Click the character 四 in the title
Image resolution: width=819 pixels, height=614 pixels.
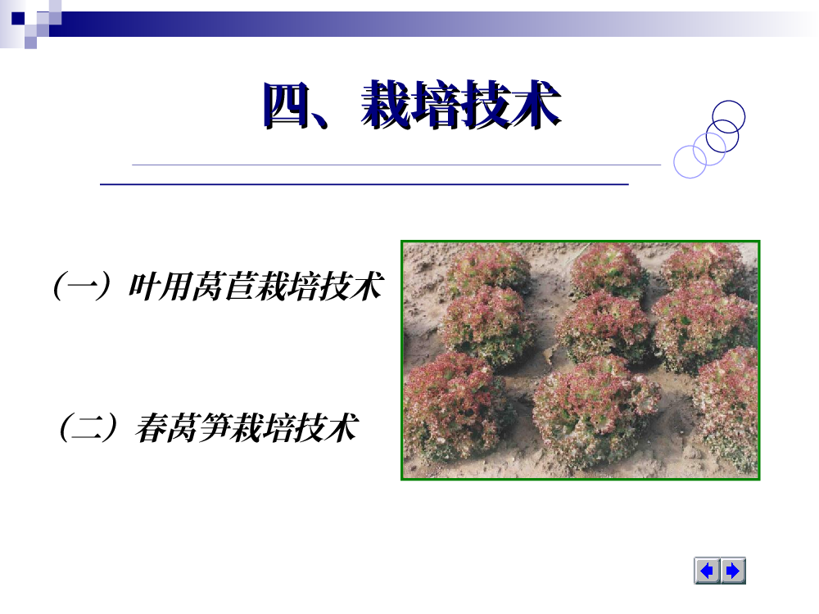286,106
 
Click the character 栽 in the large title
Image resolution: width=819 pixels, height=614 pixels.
387,105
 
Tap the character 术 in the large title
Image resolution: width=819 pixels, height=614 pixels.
536,105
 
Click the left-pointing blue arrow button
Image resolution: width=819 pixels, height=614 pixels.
708,571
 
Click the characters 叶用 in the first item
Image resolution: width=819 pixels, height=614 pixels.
160,286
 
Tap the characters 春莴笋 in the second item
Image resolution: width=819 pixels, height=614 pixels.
183,427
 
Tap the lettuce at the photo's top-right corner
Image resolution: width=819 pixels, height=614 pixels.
705,266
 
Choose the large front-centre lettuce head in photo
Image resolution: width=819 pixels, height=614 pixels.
595,410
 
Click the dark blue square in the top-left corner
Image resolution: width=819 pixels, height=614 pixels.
18,18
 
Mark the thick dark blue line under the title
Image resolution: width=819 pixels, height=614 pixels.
364,184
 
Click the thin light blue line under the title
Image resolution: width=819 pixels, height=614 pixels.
396,165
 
